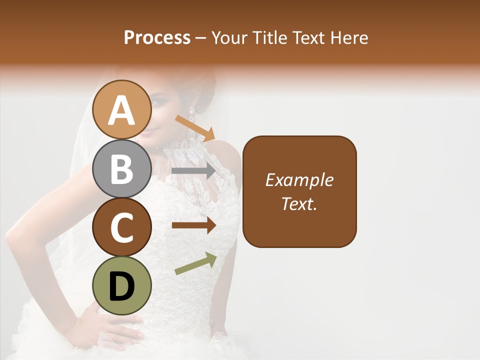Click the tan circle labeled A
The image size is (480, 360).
tap(122, 109)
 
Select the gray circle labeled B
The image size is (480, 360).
tap(122, 168)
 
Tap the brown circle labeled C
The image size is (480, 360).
tap(122, 227)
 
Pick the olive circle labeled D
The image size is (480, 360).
tap(122, 285)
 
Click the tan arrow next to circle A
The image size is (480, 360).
tap(195, 127)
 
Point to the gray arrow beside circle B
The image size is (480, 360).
tap(194, 171)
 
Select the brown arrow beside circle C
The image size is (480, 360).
tap(194, 225)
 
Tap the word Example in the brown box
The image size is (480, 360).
tap(299, 180)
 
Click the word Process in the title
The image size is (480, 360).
tap(157, 37)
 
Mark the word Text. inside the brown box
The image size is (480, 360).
tap(299, 203)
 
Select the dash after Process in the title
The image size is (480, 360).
tap(201, 38)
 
